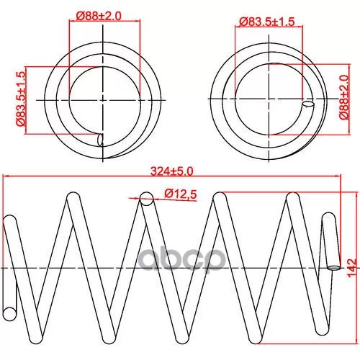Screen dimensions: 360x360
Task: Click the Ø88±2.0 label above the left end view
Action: (99, 17)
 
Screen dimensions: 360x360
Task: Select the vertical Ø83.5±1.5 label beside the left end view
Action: (21, 99)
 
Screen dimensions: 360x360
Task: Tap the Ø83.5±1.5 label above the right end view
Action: (266, 22)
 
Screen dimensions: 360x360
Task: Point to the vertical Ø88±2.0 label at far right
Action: (344, 97)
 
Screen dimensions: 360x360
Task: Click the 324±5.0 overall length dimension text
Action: (172, 171)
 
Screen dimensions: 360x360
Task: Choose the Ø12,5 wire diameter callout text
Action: (181, 194)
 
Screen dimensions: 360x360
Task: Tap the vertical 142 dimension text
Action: (352, 268)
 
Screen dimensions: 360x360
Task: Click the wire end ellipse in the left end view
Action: (100, 140)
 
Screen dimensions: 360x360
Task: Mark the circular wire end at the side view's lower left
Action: (10, 314)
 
